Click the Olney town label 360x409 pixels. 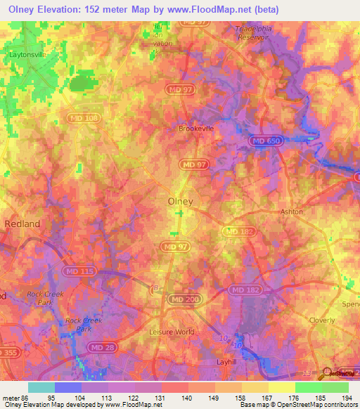point(181,201)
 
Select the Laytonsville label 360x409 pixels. point(27,53)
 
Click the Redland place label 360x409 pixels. point(22,223)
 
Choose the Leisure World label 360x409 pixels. point(172,332)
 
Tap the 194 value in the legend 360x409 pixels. point(345,397)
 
